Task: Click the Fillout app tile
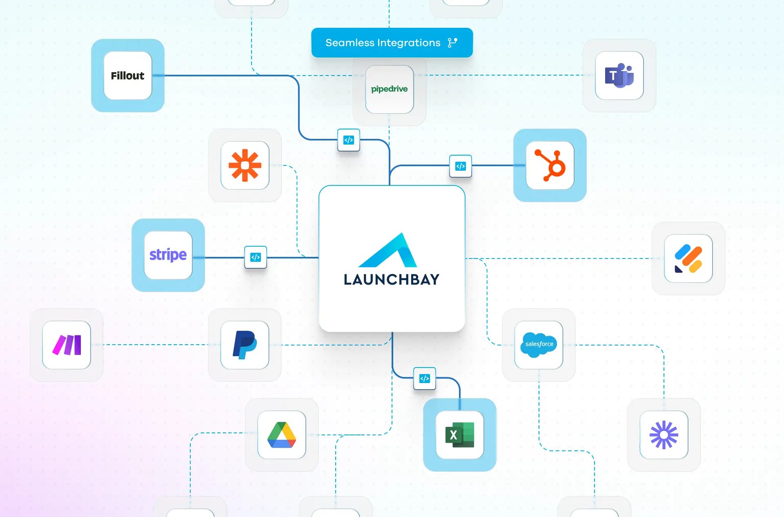128,76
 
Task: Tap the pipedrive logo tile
389,89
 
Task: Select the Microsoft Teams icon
619,76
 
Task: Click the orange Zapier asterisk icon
245,165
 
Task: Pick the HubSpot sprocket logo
550,165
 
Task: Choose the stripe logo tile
168,255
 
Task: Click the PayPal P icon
245,345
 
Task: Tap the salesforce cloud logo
539,345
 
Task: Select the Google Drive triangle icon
282,435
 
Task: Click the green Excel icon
460,435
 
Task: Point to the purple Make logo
67,345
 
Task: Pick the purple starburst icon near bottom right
664,435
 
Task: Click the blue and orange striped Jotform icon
688,258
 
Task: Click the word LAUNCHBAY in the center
392,280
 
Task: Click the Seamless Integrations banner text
383,43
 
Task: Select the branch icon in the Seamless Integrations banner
452,43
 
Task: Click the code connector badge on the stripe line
256,257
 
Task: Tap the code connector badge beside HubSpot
461,166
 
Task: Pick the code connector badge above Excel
425,379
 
